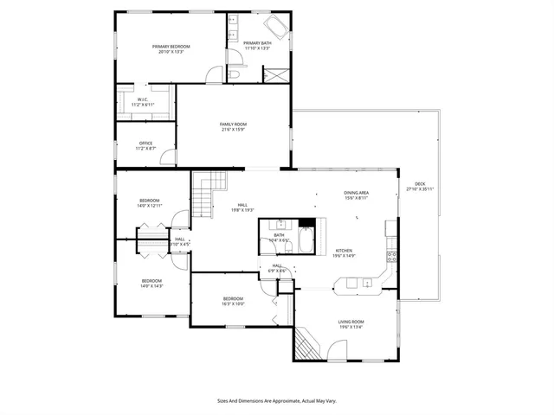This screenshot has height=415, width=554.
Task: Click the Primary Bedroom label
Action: pos(171,46)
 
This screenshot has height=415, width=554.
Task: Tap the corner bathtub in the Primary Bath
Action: pos(276,25)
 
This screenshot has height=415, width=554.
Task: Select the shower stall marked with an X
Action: pos(276,73)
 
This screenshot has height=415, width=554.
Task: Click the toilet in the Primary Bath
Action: pos(235,75)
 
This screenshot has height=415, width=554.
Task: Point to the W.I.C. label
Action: pos(143,99)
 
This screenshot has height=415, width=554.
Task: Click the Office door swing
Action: pos(169,157)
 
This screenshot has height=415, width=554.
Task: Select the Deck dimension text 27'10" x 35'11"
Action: pos(420,188)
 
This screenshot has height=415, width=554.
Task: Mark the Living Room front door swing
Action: pos(338,351)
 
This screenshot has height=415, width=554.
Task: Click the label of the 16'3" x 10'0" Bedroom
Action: pos(233,298)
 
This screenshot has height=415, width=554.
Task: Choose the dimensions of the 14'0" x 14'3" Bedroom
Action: pos(151,285)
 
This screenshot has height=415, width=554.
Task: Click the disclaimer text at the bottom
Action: pos(276,400)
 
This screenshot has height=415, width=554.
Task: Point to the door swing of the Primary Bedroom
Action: pos(213,75)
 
